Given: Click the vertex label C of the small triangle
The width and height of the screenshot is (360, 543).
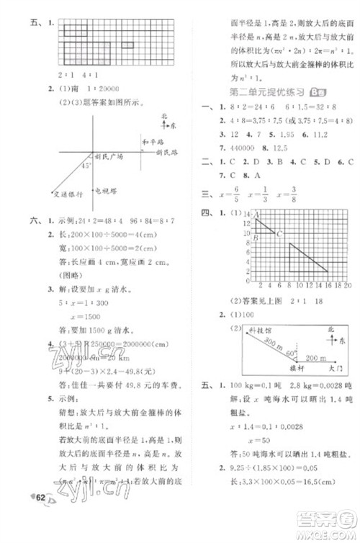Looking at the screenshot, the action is coord(279,233).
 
